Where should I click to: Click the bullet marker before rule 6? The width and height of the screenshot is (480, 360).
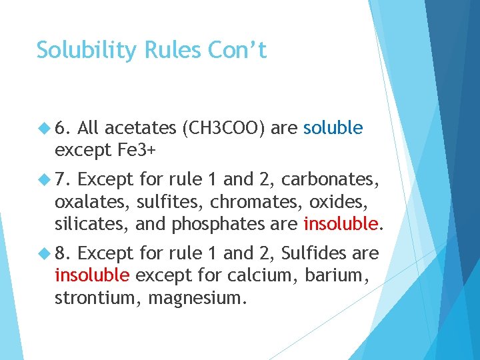point(45,128)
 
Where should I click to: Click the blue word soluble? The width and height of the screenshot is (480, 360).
point(333,128)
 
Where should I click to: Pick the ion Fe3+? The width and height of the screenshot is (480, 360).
point(137,150)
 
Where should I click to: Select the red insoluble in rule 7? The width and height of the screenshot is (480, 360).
point(340,224)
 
